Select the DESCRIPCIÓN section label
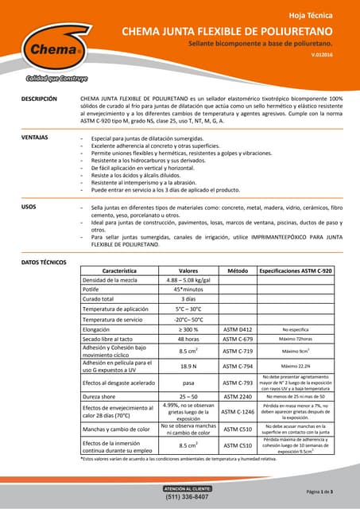point(38,99)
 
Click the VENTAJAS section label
point(34,138)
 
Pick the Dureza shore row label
point(104,395)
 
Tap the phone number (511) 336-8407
point(187,497)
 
